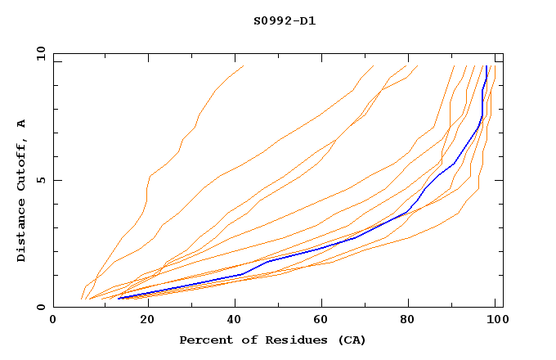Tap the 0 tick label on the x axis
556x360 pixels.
53,321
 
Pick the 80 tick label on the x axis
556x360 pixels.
407,321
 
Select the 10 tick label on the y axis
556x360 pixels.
38,53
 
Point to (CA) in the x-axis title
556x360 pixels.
350,340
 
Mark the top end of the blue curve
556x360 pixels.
486,67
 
